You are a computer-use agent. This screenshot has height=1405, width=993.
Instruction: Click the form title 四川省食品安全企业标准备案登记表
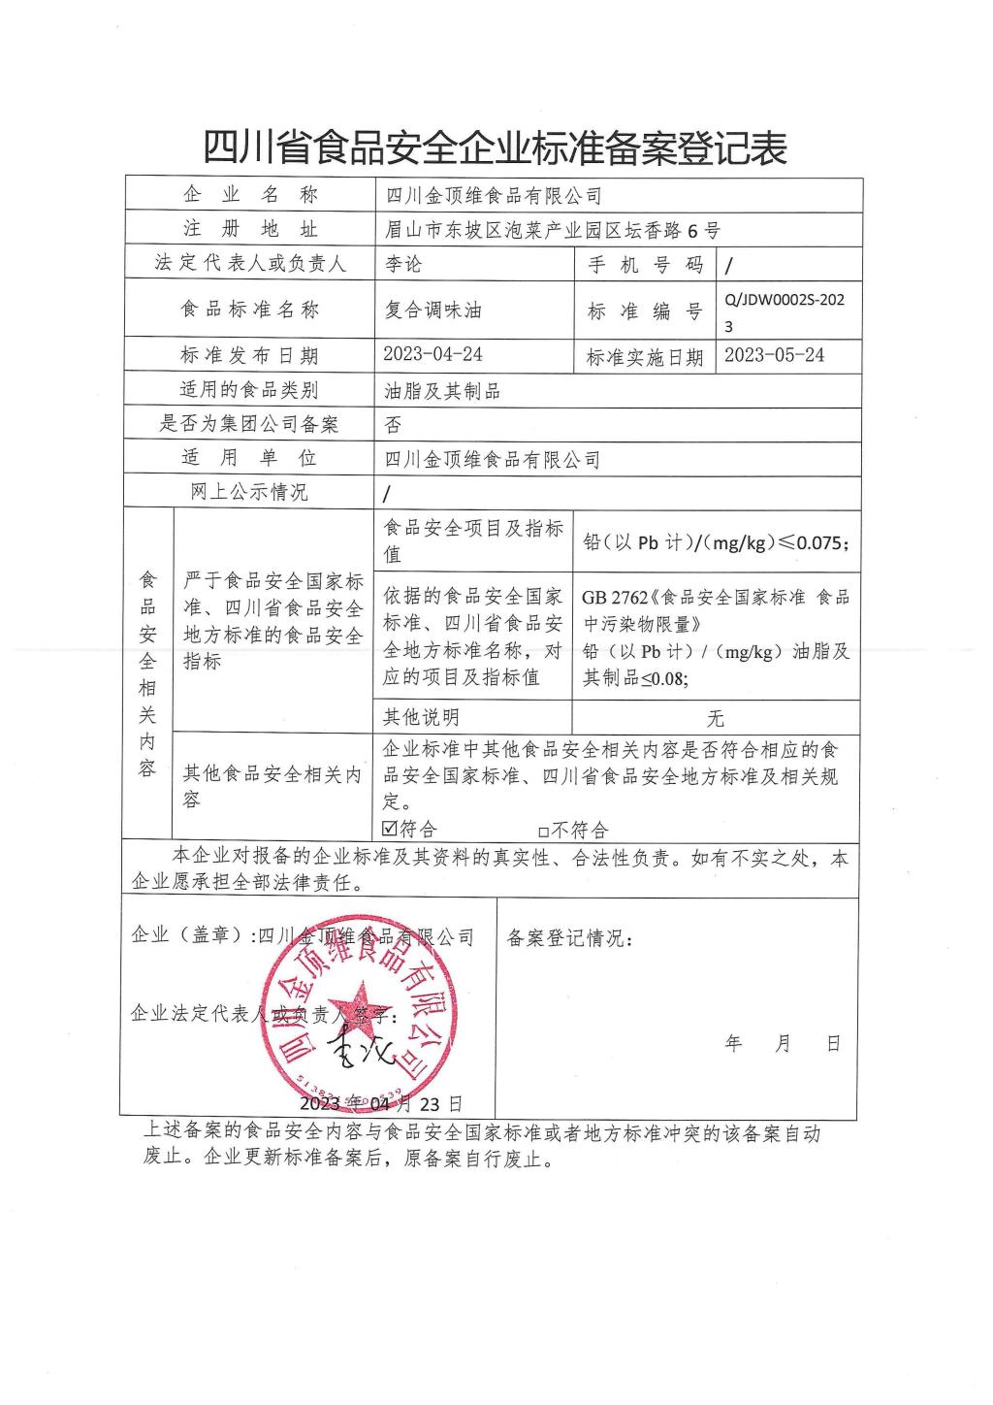pos(495,148)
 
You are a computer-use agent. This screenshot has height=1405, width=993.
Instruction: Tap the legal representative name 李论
pos(404,264)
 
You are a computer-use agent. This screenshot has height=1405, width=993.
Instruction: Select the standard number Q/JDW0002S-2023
pos(785,311)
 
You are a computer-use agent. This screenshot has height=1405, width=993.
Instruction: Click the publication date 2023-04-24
pos(433,355)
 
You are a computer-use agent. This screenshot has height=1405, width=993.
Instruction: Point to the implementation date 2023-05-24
pos(775,355)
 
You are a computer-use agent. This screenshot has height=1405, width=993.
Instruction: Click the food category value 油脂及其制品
pos(442,391)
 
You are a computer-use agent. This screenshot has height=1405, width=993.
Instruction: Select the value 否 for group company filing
pos(394,424)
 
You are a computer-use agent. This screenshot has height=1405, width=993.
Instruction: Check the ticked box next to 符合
pos(391,829)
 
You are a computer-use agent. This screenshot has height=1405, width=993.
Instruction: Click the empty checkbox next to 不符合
pos(543,831)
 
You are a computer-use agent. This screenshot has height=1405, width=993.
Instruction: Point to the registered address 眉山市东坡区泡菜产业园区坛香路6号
pos(553,230)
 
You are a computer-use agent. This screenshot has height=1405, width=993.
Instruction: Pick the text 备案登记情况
pos(569,938)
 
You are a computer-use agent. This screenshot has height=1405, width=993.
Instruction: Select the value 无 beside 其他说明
pos(716,718)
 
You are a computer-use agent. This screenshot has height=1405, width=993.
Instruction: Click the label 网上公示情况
pos(249,492)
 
